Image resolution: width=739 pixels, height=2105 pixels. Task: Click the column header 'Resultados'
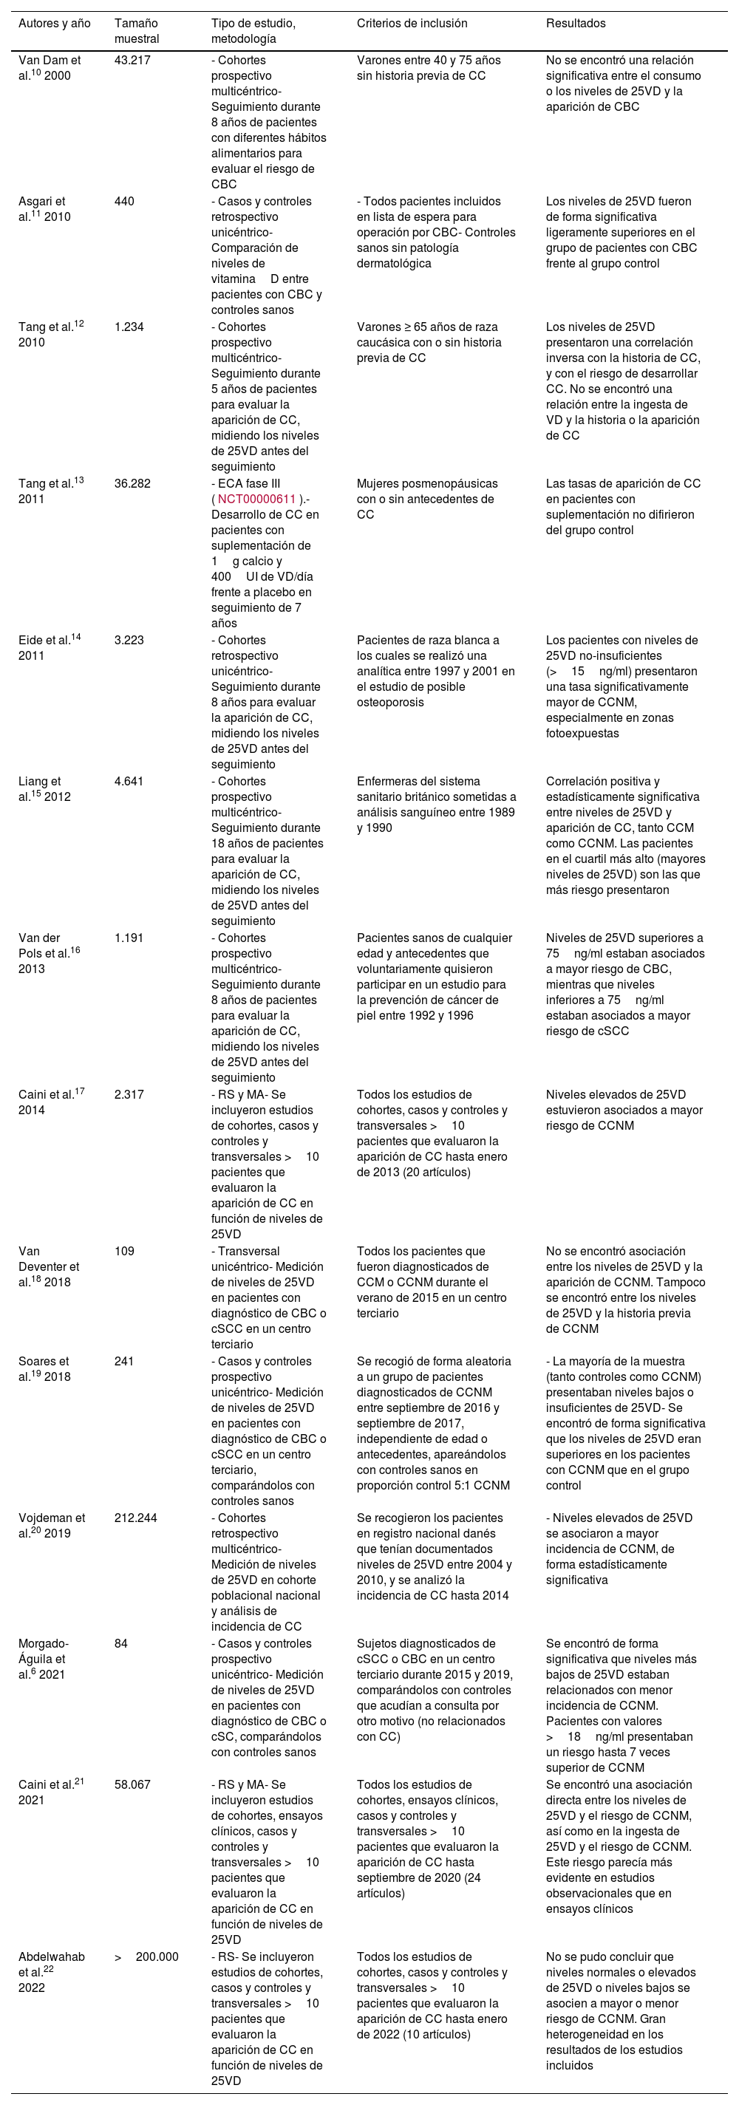(x=576, y=24)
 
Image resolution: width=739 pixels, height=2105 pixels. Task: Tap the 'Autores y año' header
(x=54, y=24)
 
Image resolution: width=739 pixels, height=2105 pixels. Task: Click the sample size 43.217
(x=132, y=61)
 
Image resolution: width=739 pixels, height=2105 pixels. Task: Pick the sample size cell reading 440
(x=124, y=202)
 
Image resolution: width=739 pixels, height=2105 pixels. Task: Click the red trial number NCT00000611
(x=256, y=499)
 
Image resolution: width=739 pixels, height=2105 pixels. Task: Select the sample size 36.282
(x=132, y=484)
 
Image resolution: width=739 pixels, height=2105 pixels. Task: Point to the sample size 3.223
(x=129, y=641)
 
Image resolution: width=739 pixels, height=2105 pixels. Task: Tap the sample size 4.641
(x=129, y=782)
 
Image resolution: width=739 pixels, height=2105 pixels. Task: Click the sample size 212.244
(x=136, y=1518)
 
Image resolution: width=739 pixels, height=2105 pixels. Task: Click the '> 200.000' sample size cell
(x=146, y=1957)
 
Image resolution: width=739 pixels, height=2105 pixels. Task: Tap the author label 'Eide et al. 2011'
(x=49, y=648)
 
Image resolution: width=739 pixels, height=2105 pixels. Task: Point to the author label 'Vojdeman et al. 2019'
(x=52, y=1526)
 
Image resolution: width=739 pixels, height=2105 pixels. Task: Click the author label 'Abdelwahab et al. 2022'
(x=52, y=1972)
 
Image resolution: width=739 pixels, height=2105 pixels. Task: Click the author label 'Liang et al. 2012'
(x=44, y=789)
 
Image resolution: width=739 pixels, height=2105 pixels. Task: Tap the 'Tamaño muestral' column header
(x=137, y=31)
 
